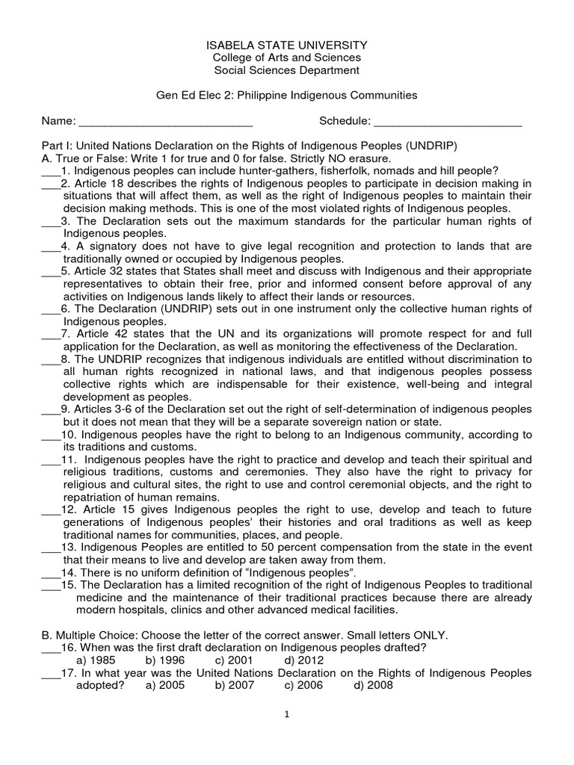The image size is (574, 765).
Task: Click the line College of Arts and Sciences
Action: click(x=286, y=58)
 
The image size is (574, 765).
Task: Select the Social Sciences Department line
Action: click(x=286, y=70)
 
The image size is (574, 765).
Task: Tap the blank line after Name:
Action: click(x=165, y=122)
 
